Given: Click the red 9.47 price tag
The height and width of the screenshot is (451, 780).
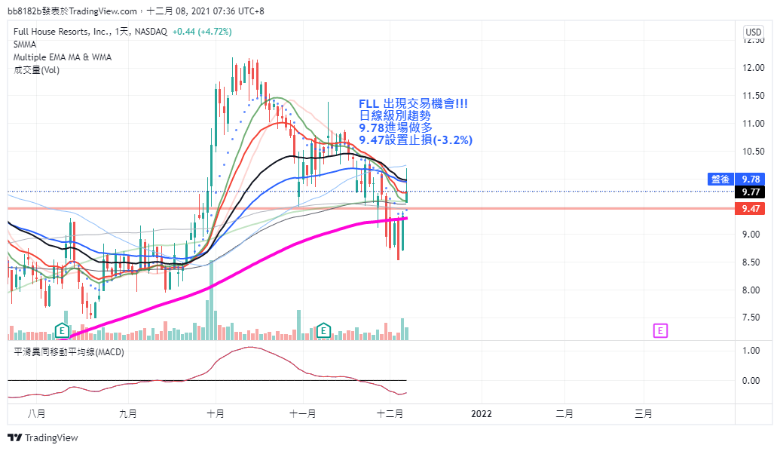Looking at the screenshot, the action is coord(750,209).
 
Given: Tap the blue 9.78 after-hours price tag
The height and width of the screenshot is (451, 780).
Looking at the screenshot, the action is coord(736,179).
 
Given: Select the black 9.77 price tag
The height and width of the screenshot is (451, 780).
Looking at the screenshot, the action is coord(750,192).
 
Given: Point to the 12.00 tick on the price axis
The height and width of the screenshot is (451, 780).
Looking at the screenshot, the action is coord(753,68).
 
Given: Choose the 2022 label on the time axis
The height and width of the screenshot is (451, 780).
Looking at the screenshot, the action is coord(481,413).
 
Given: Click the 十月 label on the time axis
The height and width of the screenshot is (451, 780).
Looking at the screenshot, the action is coord(216,413).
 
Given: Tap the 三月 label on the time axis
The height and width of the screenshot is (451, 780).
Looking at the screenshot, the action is coord(643,413).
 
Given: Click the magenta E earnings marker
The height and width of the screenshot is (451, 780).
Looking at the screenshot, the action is coord(660,330).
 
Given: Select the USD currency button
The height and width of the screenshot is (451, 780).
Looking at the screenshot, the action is coord(753,32).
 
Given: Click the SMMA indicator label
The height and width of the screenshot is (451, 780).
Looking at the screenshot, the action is coord(25,44).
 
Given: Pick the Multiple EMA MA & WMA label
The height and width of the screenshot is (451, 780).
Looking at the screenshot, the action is coord(63,57).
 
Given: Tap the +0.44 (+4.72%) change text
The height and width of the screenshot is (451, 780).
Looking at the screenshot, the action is coord(202,32).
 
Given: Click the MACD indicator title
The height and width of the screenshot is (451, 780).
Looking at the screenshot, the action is coord(69,352).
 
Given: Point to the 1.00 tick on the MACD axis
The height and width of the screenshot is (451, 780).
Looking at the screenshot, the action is coord(751,351).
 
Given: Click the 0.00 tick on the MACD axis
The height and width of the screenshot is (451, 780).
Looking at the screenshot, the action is coord(751,381).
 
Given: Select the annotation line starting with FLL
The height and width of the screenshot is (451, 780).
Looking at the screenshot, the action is coord(414,103).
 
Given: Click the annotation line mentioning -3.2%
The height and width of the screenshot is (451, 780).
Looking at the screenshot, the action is coord(416,140).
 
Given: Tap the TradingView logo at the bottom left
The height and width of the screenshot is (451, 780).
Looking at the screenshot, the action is coord(43,437).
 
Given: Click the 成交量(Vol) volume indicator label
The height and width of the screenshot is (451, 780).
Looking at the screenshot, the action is coord(36,70).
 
